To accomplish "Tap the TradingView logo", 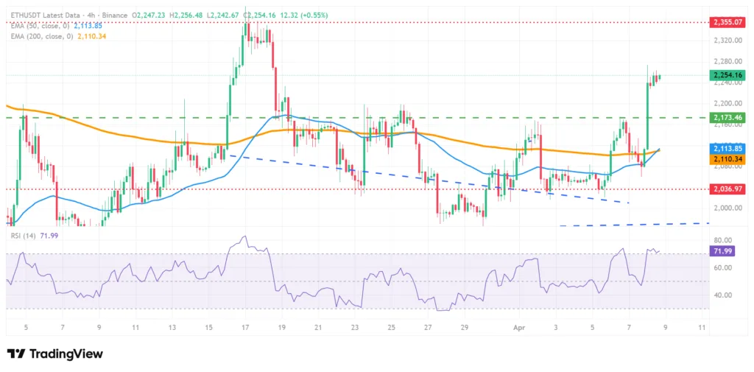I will coord(54,354).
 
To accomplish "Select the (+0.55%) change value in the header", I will coord(312,15).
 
